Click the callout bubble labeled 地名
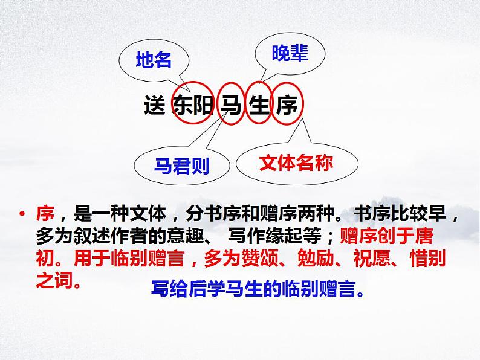(154, 60)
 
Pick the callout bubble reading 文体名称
(295, 162)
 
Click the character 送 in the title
(155, 106)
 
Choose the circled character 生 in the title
(259, 106)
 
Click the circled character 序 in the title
(287, 106)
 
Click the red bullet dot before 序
(22, 214)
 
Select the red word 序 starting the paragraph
(45, 214)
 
